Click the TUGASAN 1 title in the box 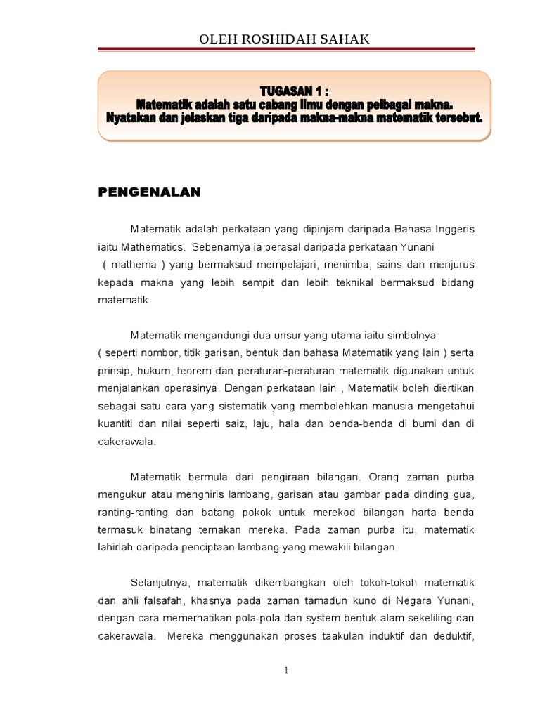(x=294, y=91)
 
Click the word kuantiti (x=117, y=425)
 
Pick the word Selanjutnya (x=160, y=583)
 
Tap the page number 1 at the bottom (x=286, y=671)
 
